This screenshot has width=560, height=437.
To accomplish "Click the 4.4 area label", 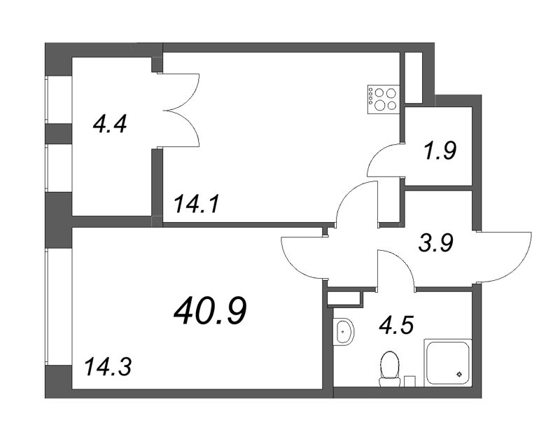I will [109, 126].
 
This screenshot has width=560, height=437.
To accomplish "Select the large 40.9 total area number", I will [210, 310].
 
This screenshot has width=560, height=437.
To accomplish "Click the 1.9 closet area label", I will [441, 150].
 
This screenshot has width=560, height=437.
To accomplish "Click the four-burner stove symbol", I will [384, 98].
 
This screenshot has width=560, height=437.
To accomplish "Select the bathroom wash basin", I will [343, 331].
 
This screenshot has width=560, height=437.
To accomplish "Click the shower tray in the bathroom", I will [449, 361].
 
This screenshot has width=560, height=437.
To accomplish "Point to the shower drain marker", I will [459, 375].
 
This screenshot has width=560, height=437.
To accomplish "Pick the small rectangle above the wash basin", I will [346, 298].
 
